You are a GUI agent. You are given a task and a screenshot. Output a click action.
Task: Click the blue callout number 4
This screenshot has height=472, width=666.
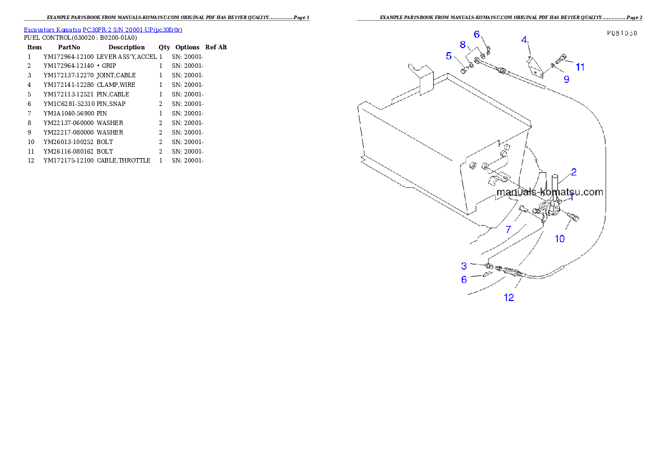524,39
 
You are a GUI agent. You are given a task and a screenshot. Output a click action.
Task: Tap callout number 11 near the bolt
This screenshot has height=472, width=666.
580,67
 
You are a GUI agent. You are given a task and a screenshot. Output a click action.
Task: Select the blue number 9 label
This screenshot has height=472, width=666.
566,80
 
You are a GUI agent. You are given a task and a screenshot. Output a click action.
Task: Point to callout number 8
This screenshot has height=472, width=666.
463,44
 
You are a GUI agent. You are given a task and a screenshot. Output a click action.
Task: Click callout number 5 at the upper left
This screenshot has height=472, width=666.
449,55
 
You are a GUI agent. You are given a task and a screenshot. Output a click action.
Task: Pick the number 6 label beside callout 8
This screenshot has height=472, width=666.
477,34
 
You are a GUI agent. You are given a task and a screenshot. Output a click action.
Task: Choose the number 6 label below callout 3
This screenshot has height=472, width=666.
464,279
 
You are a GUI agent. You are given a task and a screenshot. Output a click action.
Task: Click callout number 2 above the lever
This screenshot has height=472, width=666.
574,172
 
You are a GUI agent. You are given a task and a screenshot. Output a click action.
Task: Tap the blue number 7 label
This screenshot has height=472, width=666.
508,229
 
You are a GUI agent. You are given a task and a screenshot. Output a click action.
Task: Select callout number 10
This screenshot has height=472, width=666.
560,239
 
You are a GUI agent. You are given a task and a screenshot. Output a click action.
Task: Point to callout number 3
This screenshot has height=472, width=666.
464,265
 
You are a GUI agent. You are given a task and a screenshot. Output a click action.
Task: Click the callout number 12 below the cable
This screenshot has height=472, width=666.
509,298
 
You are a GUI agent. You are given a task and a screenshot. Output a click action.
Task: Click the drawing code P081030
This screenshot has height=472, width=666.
622,33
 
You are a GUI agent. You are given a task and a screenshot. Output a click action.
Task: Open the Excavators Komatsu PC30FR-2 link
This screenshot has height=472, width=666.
103,29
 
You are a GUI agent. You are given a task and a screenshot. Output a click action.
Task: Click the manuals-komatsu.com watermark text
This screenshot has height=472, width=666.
550,192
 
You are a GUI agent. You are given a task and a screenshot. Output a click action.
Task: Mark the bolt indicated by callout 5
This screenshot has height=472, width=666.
464,70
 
